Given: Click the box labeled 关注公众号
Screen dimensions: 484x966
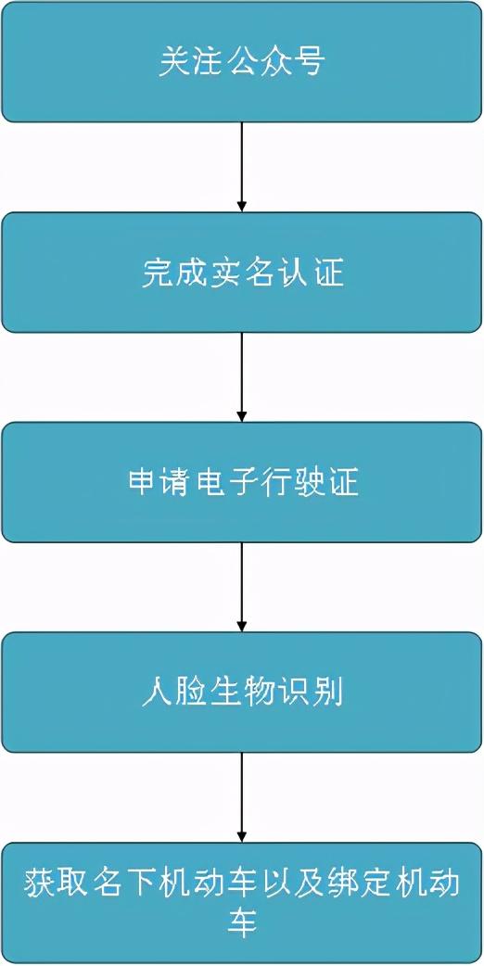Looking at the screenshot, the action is [x=242, y=61].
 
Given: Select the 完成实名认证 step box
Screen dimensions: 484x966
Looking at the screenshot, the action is [x=242, y=273].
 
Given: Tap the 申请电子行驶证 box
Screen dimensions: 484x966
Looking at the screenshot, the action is [x=242, y=482].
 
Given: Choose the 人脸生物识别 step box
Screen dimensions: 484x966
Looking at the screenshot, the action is [x=242, y=692].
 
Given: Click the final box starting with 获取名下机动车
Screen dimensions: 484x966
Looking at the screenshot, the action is [x=242, y=903].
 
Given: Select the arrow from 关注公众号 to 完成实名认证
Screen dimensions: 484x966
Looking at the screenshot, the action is [x=242, y=167].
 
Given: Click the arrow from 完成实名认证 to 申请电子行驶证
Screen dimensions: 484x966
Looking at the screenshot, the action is [x=242, y=377].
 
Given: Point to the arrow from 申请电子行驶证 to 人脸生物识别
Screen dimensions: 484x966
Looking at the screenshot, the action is [x=242, y=587].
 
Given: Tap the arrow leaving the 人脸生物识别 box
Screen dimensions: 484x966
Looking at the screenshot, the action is [x=242, y=797].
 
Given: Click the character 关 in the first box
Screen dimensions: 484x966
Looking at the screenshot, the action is [x=173, y=62].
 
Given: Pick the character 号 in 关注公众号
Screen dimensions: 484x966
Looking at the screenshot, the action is [x=311, y=62].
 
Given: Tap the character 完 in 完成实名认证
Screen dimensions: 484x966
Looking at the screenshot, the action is [x=156, y=273].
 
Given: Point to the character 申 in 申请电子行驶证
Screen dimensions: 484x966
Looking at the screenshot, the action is [x=142, y=483].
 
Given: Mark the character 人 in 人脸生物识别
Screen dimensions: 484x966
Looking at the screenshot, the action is [x=156, y=693].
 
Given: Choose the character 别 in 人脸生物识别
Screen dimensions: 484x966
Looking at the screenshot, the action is [x=328, y=693].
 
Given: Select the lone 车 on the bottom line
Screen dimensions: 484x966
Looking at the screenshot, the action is [x=242, y=923].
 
